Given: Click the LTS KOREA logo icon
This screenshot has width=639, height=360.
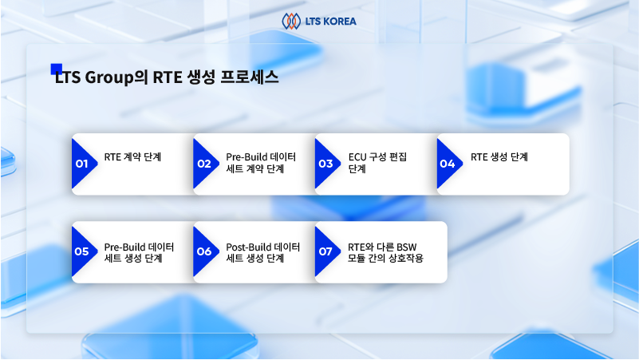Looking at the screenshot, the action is pyautogui.click(x=291, y=22).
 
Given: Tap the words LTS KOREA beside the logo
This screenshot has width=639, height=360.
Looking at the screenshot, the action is pyautogui.click(x=330, y=22).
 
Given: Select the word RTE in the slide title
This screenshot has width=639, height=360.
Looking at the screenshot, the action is pyautogui.click(x=167, y=77).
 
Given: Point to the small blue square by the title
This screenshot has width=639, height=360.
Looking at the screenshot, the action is pyautogui.click(x=56, y=69).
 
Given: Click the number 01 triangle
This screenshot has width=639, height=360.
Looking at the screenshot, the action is pyautogui.click(x=82, y=164).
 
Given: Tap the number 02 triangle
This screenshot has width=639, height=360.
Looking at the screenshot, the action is pyautogui.click(x=203, y=164).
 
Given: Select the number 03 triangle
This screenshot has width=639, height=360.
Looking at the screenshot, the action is pyautogui.click(x=325, y=164).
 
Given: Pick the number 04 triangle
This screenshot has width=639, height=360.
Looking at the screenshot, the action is pyautogui.click(x=448, y=164).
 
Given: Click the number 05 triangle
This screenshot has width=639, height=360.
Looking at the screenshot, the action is pyautogui.click(x=82, y=251).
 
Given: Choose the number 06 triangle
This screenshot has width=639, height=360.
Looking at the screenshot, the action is pyautogui.click(x=203, y=251).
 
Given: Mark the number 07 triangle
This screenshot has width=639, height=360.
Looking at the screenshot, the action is pyautogui.click(x=325, y=251).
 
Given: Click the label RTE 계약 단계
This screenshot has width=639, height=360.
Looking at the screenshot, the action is pyautogui.click(x=133, y=157).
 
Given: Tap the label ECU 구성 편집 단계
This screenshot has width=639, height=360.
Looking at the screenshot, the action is pyautogui.click(x=377, y=163).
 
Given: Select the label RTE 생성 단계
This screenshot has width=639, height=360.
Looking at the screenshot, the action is pyautogui.click(x=499, y=157).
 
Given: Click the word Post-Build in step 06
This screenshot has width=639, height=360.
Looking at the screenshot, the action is pyautogui.click(x=249, y=247).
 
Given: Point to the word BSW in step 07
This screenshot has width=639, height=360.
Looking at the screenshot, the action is pyautogui.click(x=407, y=247).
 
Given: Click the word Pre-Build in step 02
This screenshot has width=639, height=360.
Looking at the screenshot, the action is pyautogui.click(x=247, y=157).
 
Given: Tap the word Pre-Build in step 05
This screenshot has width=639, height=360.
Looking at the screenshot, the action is pyautogui.click(x=124, y=247).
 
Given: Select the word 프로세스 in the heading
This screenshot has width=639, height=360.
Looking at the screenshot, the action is pyautogui.click(x=250, y=77).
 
